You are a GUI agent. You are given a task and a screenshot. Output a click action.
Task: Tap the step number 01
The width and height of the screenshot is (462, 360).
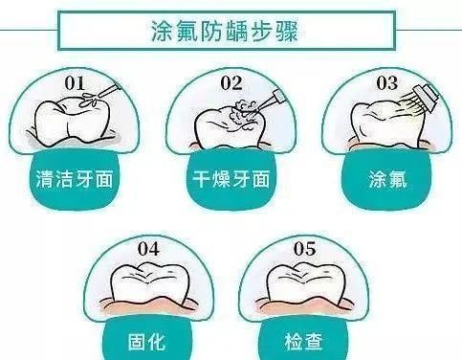click(75, 83)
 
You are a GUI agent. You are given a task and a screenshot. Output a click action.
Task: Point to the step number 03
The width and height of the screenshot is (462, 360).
click(385, 83)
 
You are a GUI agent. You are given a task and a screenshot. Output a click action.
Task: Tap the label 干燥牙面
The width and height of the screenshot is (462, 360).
click(229, 178)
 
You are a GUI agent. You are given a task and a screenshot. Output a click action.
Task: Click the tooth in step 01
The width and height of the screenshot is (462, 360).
click(72, 122)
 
